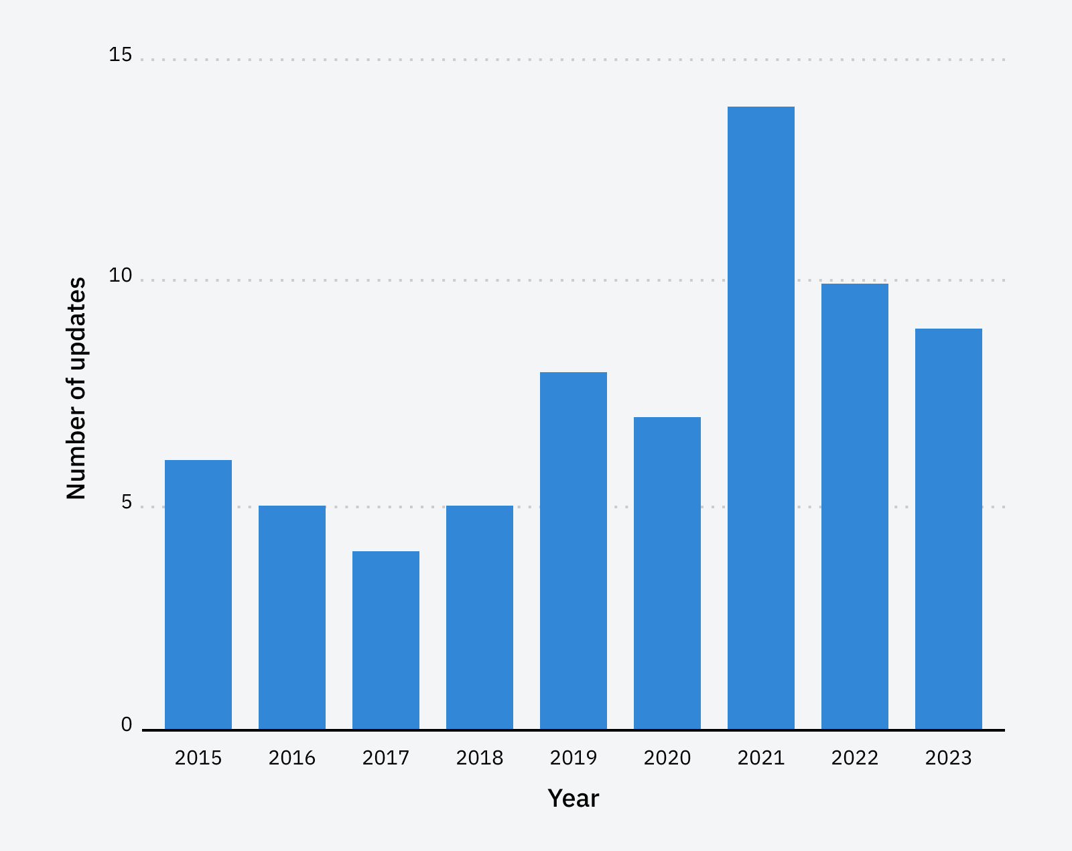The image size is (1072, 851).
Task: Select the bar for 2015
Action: point(198,595)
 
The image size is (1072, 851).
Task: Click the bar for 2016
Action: point(292,618)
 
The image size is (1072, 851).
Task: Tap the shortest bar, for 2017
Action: point(386,640)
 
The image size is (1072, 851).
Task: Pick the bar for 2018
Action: point(480,618)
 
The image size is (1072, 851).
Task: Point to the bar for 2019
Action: point(574,551)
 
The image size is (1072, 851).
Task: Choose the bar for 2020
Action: point(667,573)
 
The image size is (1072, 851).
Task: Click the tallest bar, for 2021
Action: point(761,418)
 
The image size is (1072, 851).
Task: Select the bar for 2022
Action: point(855,506)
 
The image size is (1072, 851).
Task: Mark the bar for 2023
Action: point(949,529)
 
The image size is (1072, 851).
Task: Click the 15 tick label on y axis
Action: point(121,55)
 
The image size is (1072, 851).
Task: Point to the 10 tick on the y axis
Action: point(121,276)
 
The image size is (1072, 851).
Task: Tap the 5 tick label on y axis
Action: point(127,502)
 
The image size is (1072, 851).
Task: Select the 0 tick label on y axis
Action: point(127,725)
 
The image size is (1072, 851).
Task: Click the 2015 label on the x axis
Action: point(198,758)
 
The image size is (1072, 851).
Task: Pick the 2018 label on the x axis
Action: point(480,758)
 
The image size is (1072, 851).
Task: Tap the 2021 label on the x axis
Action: point(761,758)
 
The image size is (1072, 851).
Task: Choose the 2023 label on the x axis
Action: point(949,758)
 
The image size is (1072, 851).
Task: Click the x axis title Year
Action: point(574,799)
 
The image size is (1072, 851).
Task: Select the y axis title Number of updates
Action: point(76,388)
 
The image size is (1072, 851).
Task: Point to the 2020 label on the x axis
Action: point(667,758)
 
